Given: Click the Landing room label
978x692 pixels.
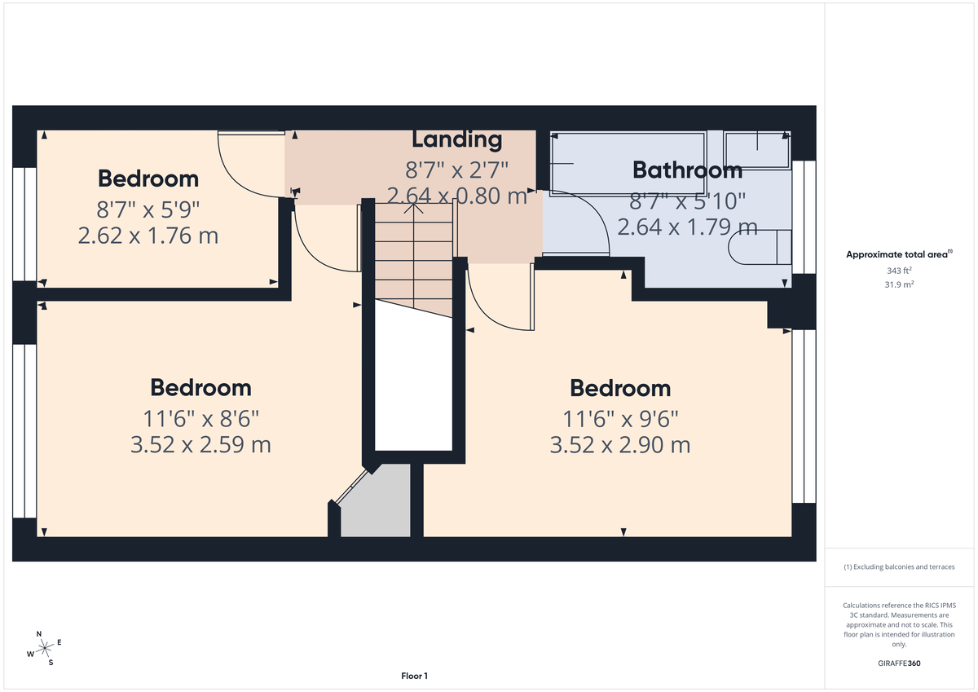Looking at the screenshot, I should point(456,139).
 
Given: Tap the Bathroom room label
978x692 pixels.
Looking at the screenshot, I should point(687,170).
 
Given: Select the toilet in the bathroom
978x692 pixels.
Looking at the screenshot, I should point(762,247).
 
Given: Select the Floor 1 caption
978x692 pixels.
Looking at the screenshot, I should point(414,676).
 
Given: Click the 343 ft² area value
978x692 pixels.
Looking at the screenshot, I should point(900,271).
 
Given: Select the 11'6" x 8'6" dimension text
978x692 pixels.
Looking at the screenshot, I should point(200,419).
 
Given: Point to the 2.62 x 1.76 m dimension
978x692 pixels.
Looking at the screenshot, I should point(148,236).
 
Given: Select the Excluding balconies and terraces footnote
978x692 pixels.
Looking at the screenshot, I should point(899,566).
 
